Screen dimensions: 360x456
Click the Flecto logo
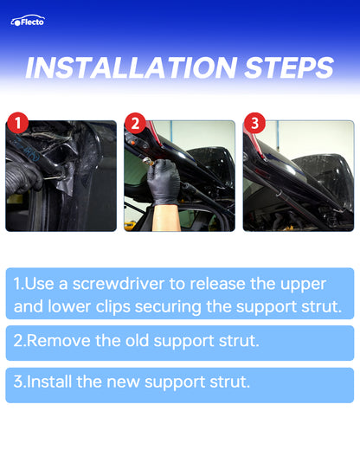coord(28,21)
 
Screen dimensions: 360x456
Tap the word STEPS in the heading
coord(289,67)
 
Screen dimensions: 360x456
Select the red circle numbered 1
coord(17,123)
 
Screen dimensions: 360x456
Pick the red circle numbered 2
coord(135,123)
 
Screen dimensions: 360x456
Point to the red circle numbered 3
coord(254,123)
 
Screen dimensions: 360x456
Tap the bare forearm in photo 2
coord(165,217)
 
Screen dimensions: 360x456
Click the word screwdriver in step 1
coord(119,284)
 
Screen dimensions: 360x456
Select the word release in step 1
coord(217,284)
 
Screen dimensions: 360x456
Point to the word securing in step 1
coord(168,308)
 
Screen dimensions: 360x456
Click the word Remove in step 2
coord(60,341)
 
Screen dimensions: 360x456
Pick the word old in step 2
coord(137,340)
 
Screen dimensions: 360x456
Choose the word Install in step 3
coord(49,382)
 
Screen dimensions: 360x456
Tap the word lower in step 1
coord(69,307)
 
